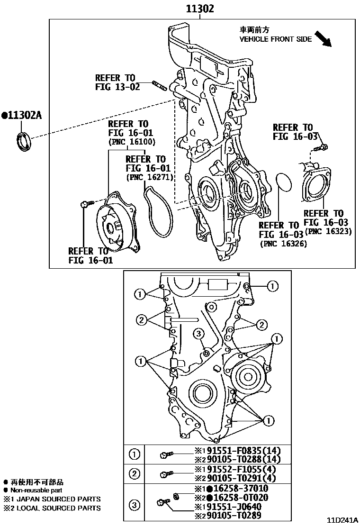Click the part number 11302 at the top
pyautogui.click(x=199, y=9)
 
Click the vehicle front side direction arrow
pyautogui.click(x=326, y=39)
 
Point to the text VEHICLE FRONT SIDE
pyautogui.click(x=275, y=39)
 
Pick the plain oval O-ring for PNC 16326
pyautogui.click(x=284, y=184)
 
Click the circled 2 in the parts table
pyautogui.click(x=135, y=473)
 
